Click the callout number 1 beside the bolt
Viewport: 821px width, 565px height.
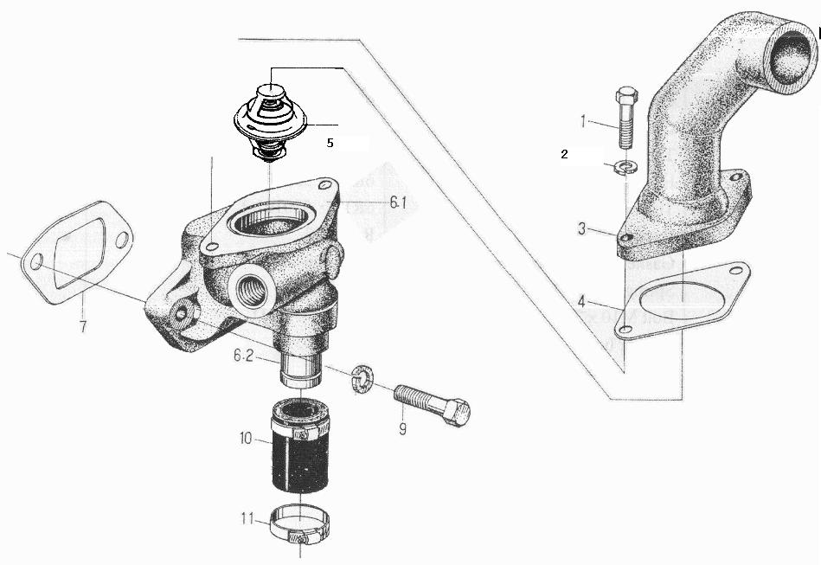click(583, 121)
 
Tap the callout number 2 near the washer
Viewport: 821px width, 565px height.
click(564, 154)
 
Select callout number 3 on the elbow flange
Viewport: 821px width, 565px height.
click(582, 228)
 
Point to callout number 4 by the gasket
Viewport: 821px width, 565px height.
click(581, 302)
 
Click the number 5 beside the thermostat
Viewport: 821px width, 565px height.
click(330, 143)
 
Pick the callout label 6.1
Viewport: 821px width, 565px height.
click(397, 202)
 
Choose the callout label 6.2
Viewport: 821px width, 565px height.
click(244, 356)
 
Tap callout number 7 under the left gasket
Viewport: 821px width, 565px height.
click(83, 326)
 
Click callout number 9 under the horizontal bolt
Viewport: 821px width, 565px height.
click(402, 429)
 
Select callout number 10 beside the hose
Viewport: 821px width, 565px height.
click(246, 438)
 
